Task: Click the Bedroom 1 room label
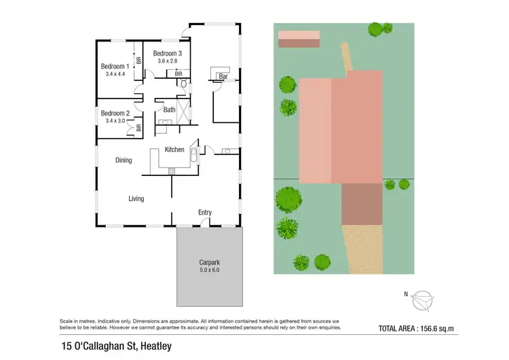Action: coord(114,66)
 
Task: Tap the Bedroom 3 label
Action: coord(167,53)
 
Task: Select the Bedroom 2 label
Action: coord(115,113)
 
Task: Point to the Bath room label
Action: coord(169,109)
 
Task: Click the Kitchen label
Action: coord(174,149)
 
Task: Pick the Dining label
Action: coord(123,160)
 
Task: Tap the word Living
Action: coord(136,198)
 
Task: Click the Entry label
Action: coord(205,213)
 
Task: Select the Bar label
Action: coord(223,77)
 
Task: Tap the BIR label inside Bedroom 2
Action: coord(138,127)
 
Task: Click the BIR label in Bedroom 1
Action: coord(138,60)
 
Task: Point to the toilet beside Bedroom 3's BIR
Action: coord(182,84)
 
